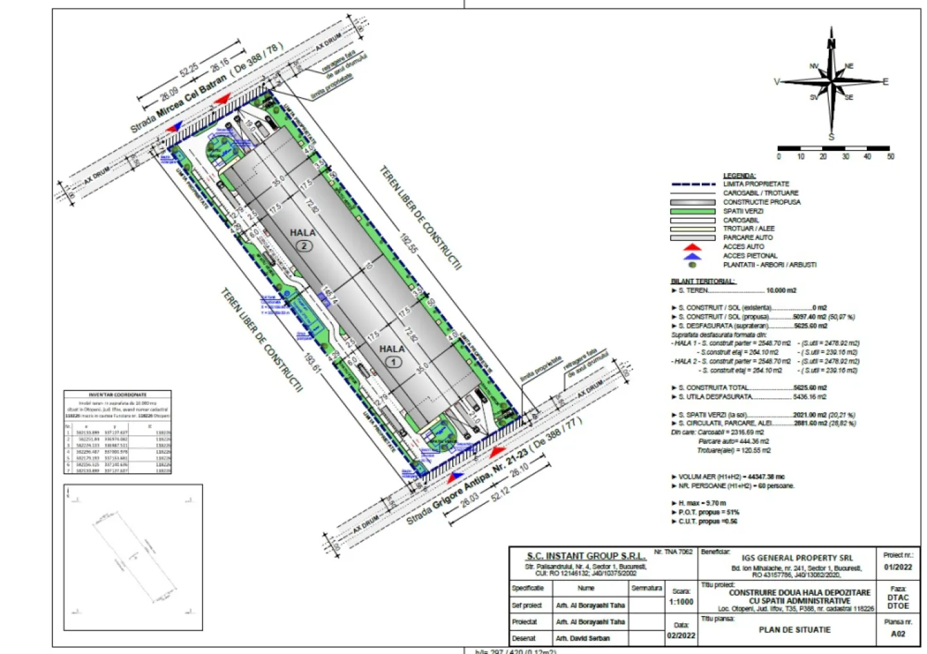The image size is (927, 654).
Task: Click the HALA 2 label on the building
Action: (302, 233)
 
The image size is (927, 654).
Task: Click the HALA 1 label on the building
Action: (392, 349)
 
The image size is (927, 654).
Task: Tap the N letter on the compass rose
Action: (831, 44)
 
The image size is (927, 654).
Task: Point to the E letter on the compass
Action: (886, 82)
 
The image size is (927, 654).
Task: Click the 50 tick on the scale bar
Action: (890, 157)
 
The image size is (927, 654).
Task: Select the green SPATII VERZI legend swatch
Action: (693, 211)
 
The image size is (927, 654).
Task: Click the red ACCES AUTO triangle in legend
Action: (692, 247)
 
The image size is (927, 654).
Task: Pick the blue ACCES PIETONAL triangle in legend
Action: (692, 256)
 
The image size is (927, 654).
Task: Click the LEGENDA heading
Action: (739, 176)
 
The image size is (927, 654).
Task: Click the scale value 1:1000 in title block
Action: (681, 602)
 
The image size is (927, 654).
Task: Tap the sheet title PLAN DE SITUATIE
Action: (794, 630)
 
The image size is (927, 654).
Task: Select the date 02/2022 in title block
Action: (681, 636)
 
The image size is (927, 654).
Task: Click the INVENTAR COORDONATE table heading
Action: (118, 395)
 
